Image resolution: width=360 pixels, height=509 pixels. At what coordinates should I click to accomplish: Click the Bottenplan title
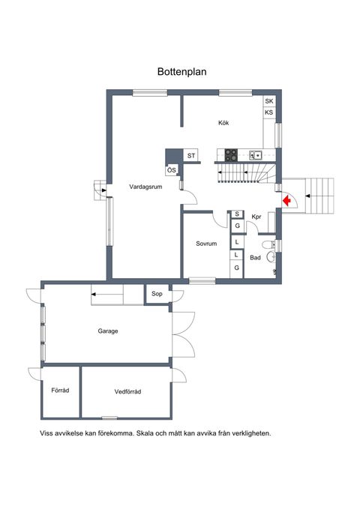coord(182,72)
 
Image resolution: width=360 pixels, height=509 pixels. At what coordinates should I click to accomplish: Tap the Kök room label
coord(223,123)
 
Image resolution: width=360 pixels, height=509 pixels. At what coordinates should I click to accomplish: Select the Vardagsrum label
coord(145,187)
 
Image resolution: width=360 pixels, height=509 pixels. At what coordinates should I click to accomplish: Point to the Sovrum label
coord(206,244)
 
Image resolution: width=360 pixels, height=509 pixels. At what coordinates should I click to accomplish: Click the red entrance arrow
coord(286,201)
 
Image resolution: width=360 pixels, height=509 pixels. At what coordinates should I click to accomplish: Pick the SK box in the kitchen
coord(269,101)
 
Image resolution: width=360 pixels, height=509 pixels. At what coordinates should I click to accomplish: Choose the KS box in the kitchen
coord(269,112)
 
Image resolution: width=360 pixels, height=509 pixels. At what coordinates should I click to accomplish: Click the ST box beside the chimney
coord(191,156)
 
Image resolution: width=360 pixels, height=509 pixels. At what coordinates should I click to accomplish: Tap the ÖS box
coord(172,170)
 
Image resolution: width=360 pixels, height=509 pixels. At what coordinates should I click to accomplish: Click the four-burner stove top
coord(231,155)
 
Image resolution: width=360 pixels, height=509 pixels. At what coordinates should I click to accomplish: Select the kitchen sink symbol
coord(256,155)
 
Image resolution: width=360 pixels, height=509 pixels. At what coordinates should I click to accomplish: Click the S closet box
coord(237,214)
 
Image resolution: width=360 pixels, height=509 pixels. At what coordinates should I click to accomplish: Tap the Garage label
coord(108,331)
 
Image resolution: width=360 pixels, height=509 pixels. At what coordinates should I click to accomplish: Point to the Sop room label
coord(157,294)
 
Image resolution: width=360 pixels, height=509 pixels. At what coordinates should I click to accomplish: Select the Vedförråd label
coord(127,392)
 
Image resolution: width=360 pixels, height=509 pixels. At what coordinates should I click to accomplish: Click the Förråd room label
coord(60,391)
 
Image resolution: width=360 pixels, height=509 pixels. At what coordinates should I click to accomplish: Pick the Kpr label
coord(256,217)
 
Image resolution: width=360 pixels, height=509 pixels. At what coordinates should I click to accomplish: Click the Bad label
coord(256,258)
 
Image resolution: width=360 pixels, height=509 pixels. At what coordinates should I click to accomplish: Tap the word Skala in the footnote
coord(145,433)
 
